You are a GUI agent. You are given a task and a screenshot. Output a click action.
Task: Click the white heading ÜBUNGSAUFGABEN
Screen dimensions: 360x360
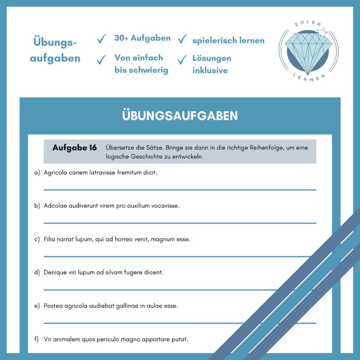180,116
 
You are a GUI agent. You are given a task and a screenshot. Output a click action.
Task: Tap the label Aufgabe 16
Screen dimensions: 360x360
75,148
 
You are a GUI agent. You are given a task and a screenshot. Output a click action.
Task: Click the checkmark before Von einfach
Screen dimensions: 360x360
102,59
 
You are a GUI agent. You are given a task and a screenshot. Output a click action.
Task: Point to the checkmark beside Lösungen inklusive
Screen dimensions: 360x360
183,59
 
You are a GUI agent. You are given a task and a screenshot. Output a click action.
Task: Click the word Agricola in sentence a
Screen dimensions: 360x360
55,172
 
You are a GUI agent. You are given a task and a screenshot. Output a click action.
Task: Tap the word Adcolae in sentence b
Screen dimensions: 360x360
55,206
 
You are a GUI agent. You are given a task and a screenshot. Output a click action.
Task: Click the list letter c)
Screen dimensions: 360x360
37,239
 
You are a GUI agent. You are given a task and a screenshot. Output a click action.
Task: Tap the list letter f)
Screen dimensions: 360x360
37,339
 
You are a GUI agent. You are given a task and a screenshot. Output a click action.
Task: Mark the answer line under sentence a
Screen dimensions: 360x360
180,189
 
